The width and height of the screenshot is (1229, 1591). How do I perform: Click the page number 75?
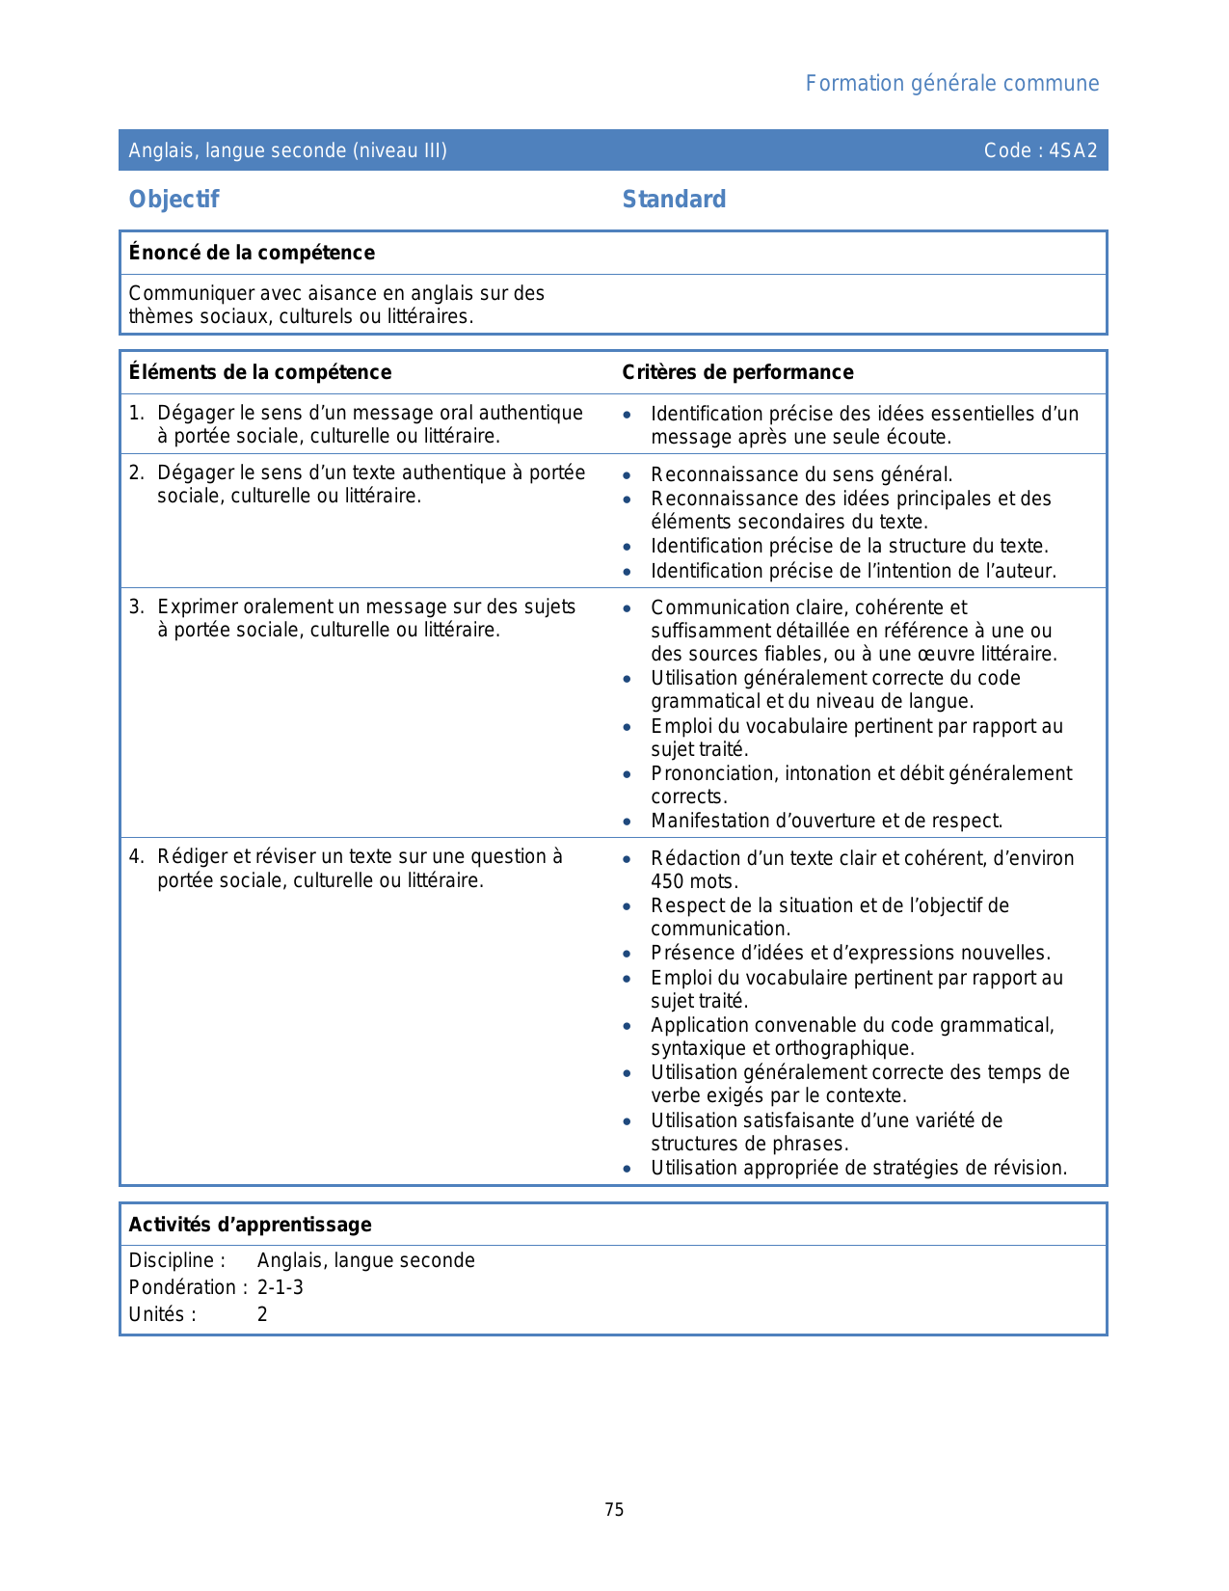pos(614,1510)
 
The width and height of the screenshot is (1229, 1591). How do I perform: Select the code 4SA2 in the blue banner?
pos(1073,150)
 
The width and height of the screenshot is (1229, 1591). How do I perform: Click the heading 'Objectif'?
pos(174,200)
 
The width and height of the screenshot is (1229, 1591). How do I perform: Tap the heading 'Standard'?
pos(674,200)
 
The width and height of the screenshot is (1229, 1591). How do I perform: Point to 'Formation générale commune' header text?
pos(951,84)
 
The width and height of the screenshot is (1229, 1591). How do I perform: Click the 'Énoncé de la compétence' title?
pos(252,253)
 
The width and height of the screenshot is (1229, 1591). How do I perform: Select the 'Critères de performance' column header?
pos(737,372)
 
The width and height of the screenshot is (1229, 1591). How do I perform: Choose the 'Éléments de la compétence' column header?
pos(260,372)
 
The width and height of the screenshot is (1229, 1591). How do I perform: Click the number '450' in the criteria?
pos(667,881)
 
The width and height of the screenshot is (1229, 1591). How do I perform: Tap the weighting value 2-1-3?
pos(280,1287)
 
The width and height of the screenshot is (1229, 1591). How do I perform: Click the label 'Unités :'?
pos(163,1314)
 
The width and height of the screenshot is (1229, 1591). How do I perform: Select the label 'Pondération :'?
pos(188,1287)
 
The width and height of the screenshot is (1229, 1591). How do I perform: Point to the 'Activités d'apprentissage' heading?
pos(250,1225)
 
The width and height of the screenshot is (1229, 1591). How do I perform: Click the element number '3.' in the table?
pos(137,607)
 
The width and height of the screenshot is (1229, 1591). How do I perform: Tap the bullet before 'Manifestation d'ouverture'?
pos(628,822)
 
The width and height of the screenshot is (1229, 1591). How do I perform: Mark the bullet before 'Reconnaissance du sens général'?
pos(628,475)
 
